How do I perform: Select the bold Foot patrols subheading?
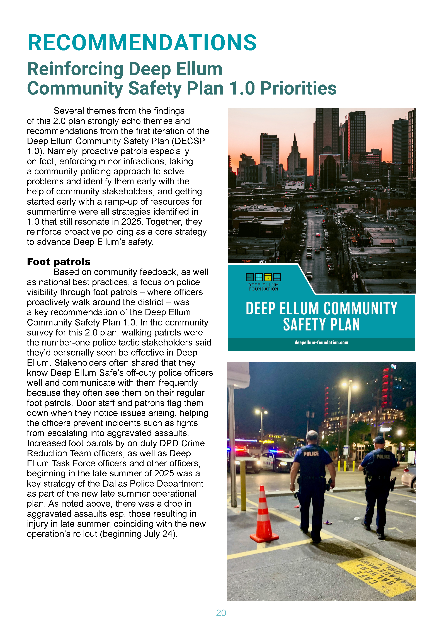click(59, 262)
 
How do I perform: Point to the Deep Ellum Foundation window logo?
click(263, 277)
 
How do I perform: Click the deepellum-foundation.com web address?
click(321, 342)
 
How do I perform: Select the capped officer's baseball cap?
click(379, 440)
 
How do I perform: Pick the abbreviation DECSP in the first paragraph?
click(190, 141)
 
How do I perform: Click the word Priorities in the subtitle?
click(298, 88)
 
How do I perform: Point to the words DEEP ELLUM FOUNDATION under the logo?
click(263, 287)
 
